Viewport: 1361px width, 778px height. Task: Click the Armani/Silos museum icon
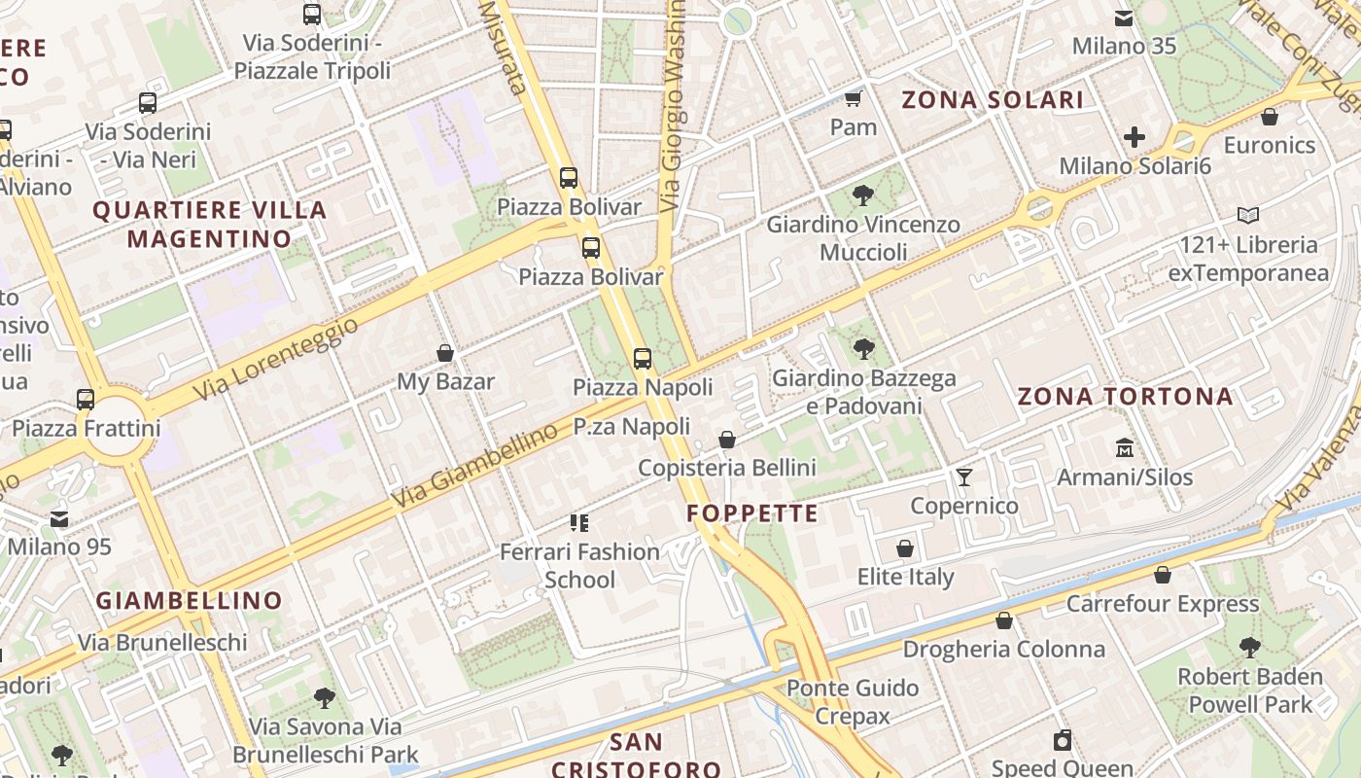(x=1125, y=448)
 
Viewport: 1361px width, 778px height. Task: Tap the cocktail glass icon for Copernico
(x=963, y=477)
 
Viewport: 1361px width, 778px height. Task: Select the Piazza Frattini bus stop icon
(x=86, y=399)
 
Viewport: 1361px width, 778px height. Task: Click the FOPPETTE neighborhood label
(x=752, y=513)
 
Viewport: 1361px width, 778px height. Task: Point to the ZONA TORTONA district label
(x=1125, y=397)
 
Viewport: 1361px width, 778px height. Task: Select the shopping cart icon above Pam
(x=854, y=98)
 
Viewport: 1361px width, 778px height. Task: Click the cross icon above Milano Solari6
(x=1134, y=137)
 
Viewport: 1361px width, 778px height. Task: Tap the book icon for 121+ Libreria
(x=1248, y=216)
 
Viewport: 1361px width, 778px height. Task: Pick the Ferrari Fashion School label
(x=579, y=565)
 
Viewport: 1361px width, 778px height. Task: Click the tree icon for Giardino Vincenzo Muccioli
(x=862, y=195)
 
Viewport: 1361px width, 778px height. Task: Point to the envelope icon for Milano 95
(x=59, y=518)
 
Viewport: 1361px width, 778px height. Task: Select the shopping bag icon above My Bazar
(x=445, y=353)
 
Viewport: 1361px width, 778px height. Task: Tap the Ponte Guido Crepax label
(x=853, y=702)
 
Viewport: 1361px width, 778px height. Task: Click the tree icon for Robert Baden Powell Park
(x=1250, y=648)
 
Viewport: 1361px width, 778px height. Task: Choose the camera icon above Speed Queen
(x=1063, y=741)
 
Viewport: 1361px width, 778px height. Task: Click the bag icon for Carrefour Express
(x=1163, y=576)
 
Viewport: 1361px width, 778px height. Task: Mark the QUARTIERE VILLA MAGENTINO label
(x=209, y=224)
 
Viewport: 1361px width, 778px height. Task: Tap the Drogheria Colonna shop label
(x=1004, y=649)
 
